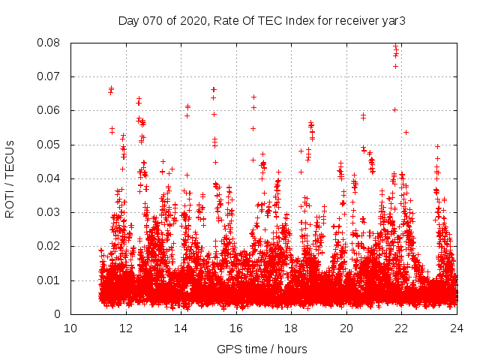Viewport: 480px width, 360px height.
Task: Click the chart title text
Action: click(x=262, y=20)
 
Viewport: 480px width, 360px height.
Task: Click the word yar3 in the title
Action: click(x=392, y=20)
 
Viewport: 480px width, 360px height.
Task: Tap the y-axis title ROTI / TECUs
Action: click(x=10, y=178)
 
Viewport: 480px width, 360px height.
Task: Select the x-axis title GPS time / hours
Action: click(x=262, y=349)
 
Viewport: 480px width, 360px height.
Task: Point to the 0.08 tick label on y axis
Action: click(x=50, y=43)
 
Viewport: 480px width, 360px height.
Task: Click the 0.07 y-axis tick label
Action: click(x=50, y=76)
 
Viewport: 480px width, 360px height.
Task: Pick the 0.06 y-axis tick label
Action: click(x=50, y=110)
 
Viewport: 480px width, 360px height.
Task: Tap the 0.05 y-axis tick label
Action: click(x=50, y=145)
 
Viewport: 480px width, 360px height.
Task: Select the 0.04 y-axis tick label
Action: click(x=50, y=178)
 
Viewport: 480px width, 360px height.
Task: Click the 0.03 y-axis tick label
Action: click(x=50, y=212)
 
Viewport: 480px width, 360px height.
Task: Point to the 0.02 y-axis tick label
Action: click(x=50, y=247)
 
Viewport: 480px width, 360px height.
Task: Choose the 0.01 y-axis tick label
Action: click(x=50, y=280)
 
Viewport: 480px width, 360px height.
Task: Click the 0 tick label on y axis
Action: click(x=59, y=314)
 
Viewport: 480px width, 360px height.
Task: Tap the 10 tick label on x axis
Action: click(x=70, y=328)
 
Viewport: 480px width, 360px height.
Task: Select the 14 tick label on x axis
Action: click(x=181, y=328)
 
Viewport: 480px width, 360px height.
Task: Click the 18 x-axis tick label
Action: click(x=291, y=328)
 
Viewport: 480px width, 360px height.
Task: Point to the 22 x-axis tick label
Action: click(x=401, y=328)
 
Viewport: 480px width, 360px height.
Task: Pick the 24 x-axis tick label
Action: click(x=456, y=328)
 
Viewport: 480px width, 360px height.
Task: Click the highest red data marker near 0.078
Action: click(x=396, y=48)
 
